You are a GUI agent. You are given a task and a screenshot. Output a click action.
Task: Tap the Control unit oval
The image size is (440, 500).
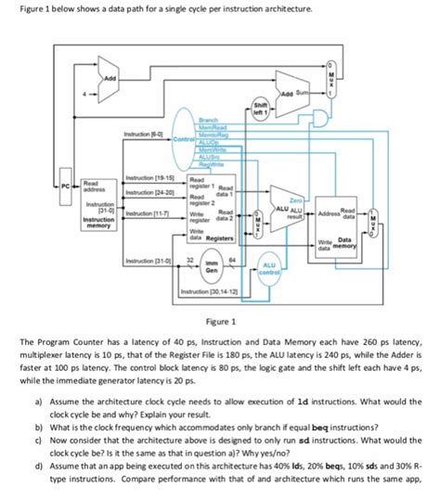178,139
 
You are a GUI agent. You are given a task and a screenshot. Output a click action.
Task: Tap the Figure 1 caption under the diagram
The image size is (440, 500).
219,321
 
